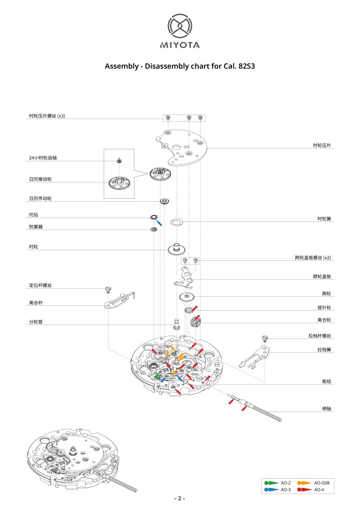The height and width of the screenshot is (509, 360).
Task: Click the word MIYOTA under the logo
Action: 180,45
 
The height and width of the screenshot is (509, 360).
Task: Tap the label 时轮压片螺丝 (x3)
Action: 47,116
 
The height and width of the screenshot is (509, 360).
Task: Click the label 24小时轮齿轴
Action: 43,158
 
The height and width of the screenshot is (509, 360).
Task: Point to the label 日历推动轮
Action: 40,179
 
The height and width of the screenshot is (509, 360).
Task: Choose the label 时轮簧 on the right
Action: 324,218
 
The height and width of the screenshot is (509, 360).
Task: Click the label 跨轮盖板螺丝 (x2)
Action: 313,258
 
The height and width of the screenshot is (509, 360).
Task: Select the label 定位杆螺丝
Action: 40,286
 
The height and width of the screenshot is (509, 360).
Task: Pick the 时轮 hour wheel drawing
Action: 177,249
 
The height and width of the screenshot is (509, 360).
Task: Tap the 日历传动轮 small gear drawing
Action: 164,201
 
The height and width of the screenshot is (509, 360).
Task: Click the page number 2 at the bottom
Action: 180,498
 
